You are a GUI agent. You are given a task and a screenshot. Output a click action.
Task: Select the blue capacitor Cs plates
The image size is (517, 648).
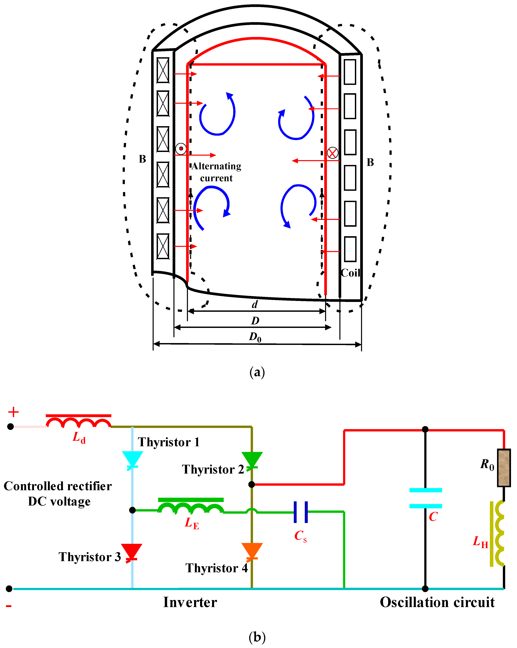pyautogui.click(x=301, y=512)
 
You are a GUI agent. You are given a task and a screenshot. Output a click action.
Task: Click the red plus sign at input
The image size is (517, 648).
pyautogui.click(x=13, y=412)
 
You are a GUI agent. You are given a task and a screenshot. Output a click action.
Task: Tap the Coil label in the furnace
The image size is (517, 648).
pyautogui.click(x=351, y=273)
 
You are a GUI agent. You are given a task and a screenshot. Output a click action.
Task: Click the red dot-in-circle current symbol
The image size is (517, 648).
pyautogui.click(x=181, y=148)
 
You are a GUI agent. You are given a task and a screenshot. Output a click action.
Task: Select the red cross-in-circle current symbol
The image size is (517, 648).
pyautogui.click(x=332, y=153)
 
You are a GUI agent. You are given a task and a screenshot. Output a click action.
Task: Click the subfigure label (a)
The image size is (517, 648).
pyautogui.click(x=257, y=372)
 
